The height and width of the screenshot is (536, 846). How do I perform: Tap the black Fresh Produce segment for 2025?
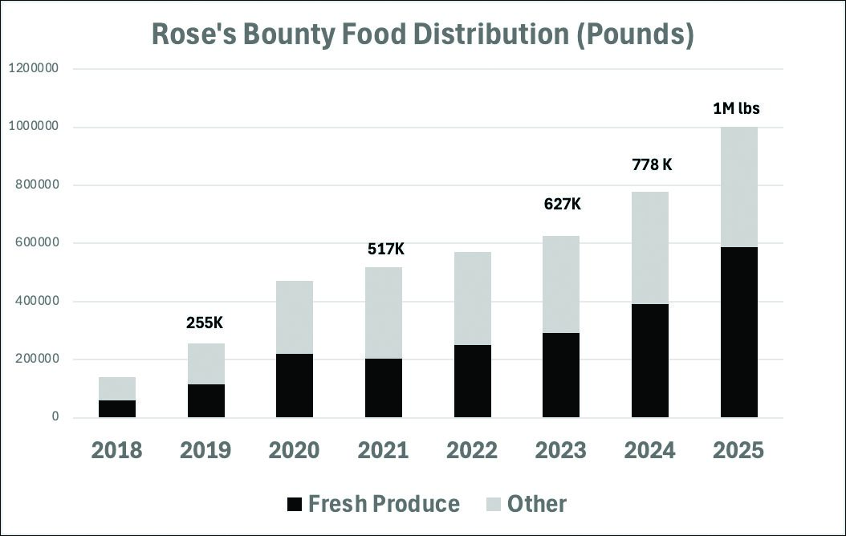[738, 331]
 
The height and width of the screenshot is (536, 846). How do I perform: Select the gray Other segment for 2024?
[650, 248]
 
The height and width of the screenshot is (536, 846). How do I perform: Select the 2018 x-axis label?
[117, 450]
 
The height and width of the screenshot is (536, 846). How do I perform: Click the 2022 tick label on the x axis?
[473, 450]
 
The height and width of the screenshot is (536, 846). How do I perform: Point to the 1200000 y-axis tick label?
[33, 69]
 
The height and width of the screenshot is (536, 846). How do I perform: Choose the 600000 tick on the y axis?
[36, 243]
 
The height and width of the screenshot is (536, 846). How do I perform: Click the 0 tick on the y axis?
[55, 417]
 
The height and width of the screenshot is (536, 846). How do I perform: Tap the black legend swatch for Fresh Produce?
[294, 505]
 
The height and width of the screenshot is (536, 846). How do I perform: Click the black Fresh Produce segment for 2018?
[117, 408]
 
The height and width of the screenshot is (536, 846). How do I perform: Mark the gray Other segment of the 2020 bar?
[295, 317]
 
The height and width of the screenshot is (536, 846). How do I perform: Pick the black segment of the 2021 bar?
[384, 388]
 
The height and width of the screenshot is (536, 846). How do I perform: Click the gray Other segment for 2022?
[473, 298]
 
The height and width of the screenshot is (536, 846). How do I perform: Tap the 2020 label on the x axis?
[295, 450]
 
